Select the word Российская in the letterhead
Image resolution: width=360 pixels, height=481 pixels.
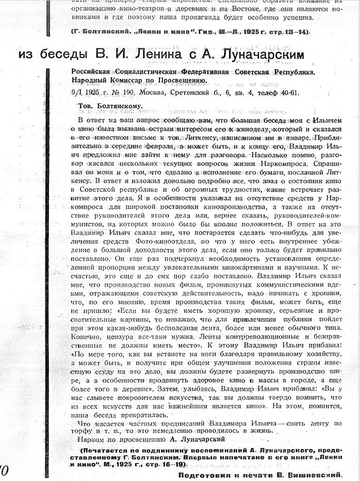(95, 72)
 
